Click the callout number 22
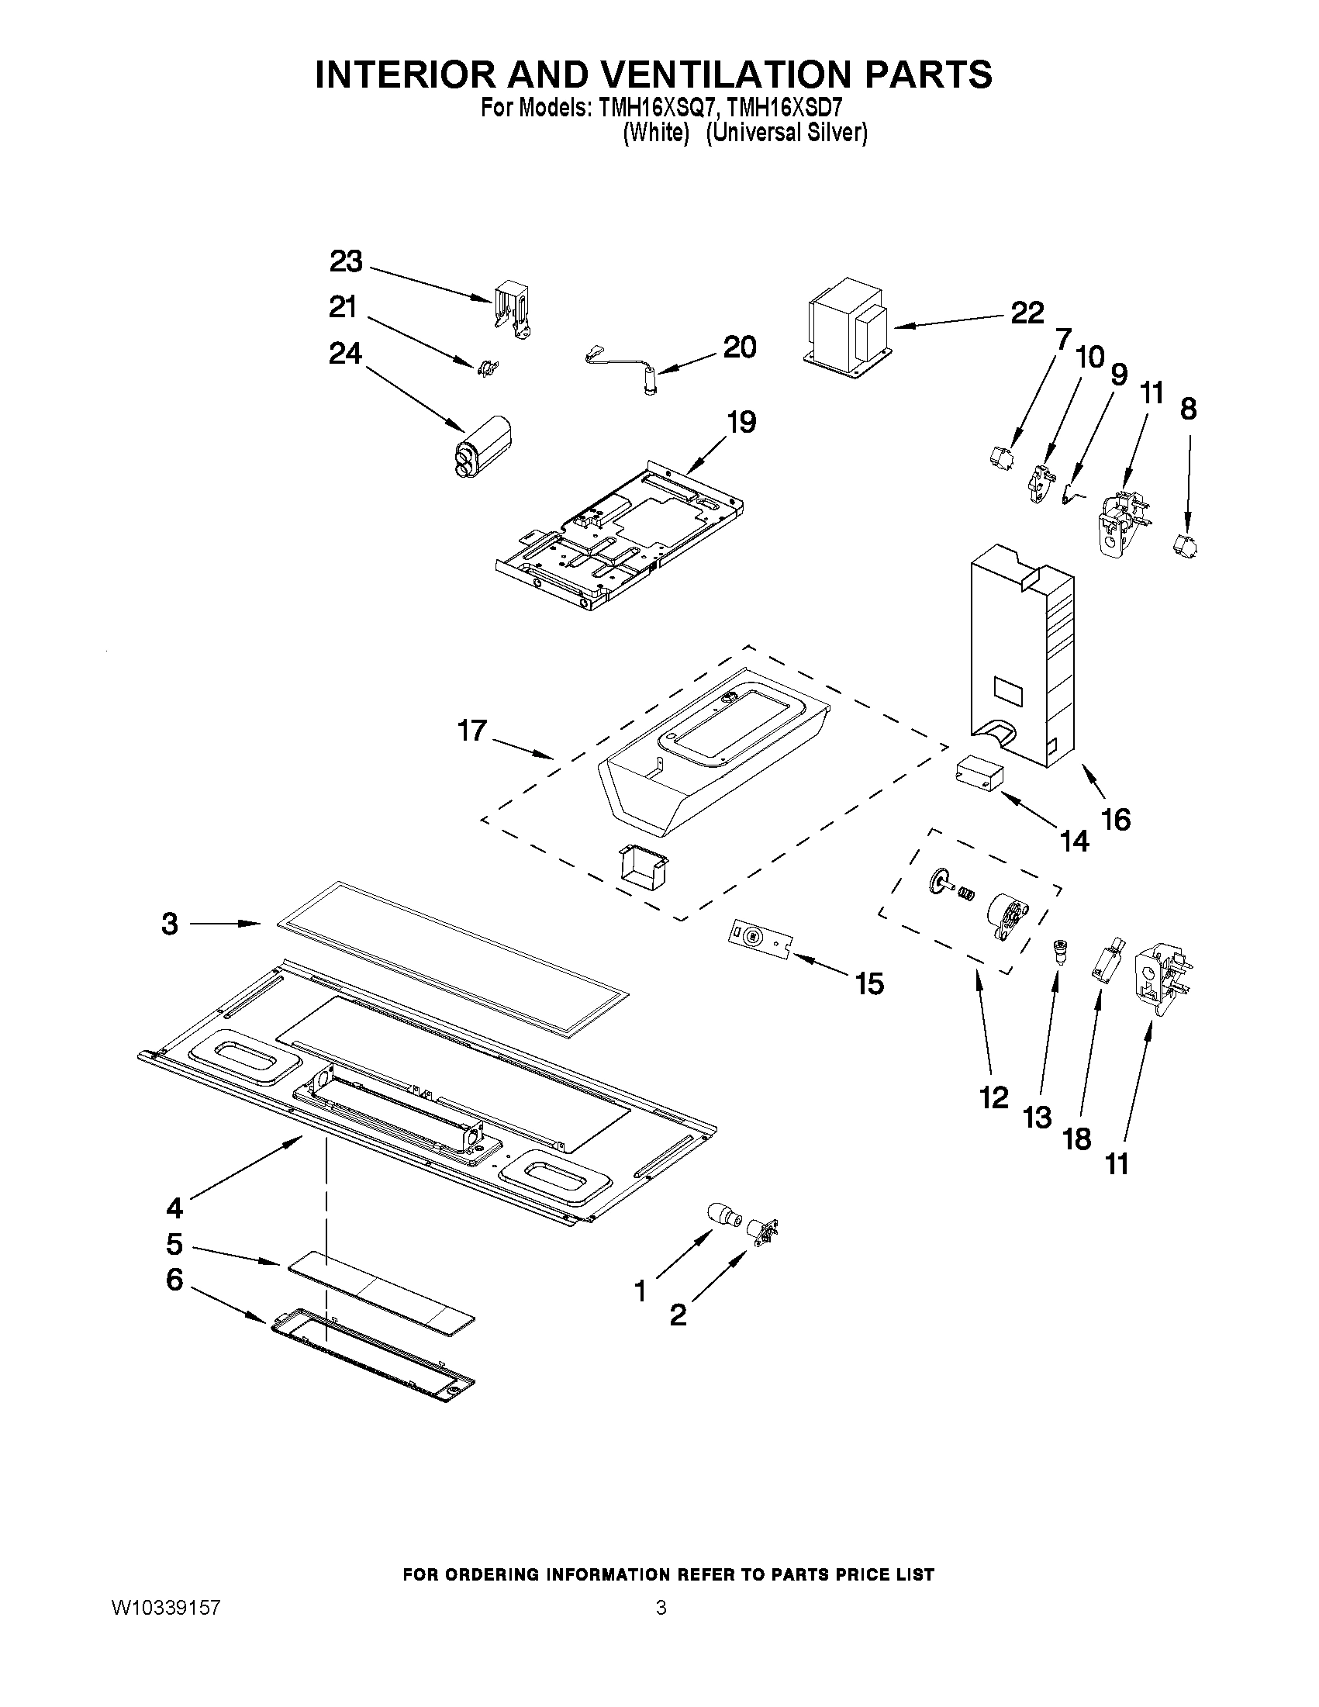[x=1027, y=313]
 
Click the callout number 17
[x=472, y=731]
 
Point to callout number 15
[x=869, y=984]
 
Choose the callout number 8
[x=1188, y=409]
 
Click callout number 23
[x=345, y=262]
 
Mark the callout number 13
[x=1037, y=1118]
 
